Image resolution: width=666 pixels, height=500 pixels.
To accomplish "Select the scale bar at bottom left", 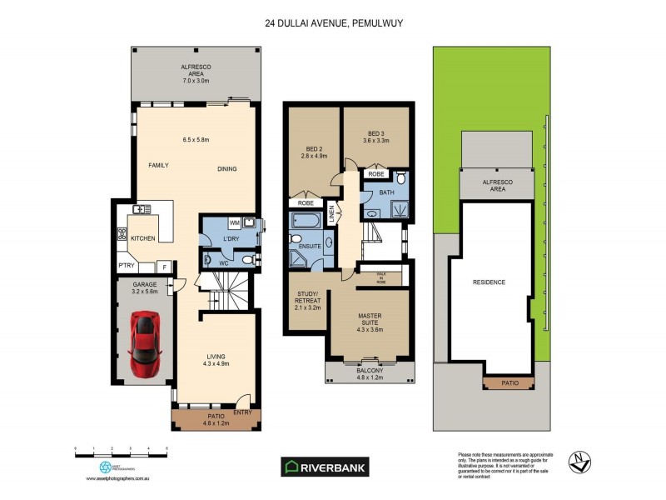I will (122, 451).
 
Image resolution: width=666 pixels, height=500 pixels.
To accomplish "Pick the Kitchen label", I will (142, 239).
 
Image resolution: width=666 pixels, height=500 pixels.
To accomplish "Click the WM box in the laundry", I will (235, 223).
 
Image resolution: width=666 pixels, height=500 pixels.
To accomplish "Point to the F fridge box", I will (165, 267).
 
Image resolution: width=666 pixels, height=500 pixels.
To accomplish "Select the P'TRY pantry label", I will (126, 267).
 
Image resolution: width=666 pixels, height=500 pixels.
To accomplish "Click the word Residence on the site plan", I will (489, 282).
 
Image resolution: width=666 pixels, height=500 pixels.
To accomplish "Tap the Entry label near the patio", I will (242, 412).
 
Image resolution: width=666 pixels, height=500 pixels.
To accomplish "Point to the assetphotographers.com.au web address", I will (118, 479).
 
